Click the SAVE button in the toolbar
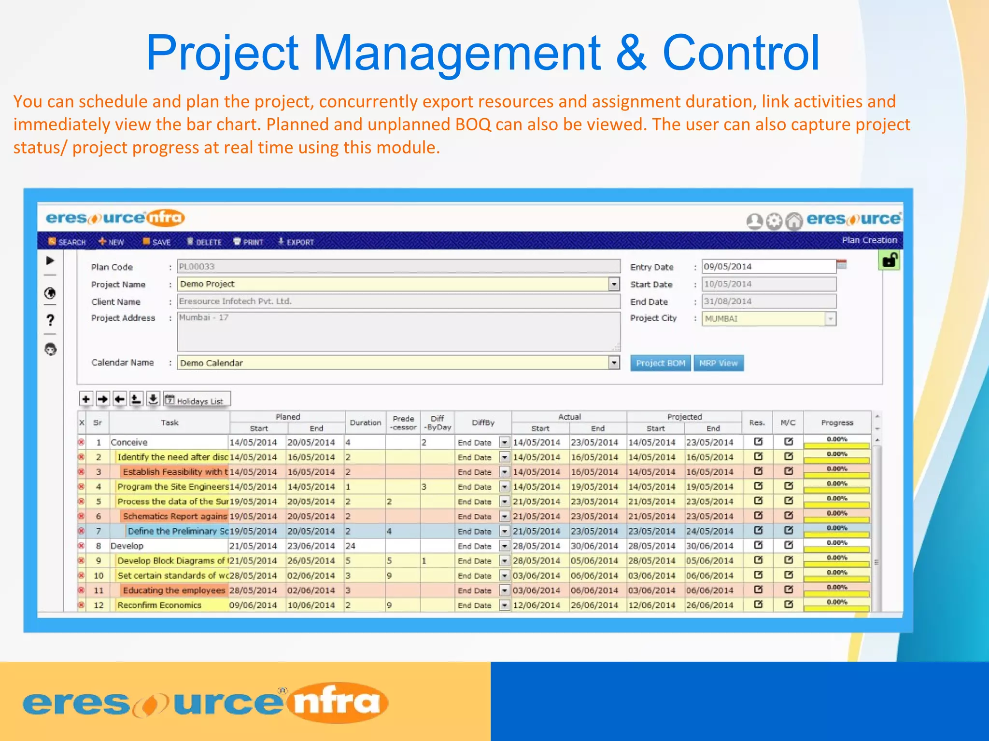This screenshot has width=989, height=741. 156,242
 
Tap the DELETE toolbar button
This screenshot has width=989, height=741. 204,242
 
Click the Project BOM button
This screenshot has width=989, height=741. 660,363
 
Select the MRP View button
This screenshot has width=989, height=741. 718,363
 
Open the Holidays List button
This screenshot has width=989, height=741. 197,400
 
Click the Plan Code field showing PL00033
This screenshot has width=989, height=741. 398,266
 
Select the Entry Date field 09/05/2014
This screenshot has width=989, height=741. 768,266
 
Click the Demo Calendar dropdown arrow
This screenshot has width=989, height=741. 614,362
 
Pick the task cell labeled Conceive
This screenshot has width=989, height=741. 129,442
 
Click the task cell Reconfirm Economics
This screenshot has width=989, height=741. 159,605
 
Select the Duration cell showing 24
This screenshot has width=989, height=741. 365,546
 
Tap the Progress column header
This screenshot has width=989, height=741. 837,423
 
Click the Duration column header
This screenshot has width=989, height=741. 365,423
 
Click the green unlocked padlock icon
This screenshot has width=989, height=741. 890,261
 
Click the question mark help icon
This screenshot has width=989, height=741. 50,320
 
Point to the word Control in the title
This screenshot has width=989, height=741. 740,53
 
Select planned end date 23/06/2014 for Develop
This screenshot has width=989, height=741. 311,546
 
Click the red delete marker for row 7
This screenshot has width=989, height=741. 82,531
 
